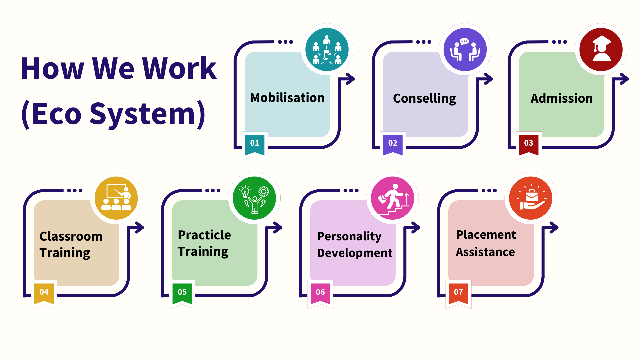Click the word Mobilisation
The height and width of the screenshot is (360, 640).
pyautogui.click(x=287, y=98)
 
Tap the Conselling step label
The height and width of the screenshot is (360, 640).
pyautogui.click(x=424, y=99)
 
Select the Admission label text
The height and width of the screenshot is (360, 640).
pyautogui.click(x=562, y=98)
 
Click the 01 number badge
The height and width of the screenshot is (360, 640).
pyautogui.click(x=255, y=145)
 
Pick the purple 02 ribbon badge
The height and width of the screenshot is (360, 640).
pyautogui.click(x=393, y=145)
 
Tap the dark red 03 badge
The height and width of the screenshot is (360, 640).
pyautogui.click(x=529, y=145)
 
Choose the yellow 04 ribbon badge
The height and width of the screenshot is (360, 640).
pyautogui.click(x=44, y=294)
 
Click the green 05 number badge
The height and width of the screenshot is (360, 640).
pyautogui.click(x=182, y=294)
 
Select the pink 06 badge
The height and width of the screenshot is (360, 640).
pyautogui.click(x=320, y=294)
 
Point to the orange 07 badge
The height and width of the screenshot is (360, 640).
pyautogui.click(x=458, y=294)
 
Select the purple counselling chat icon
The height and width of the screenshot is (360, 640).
pyautogui.click(x=465, y=49)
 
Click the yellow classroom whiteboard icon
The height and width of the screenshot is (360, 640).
pyautogui.click(x=116, y=198)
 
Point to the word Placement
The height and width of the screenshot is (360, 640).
pyautogui.click(x=486, y=235)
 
